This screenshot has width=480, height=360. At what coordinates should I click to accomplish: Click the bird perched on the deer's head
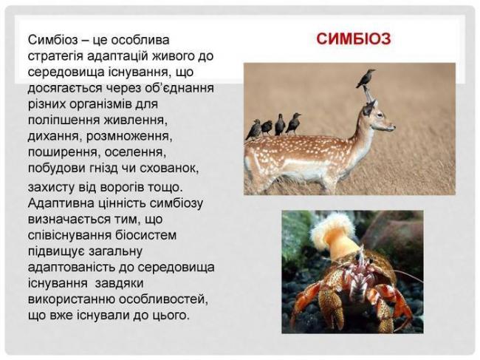point(365,77)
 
